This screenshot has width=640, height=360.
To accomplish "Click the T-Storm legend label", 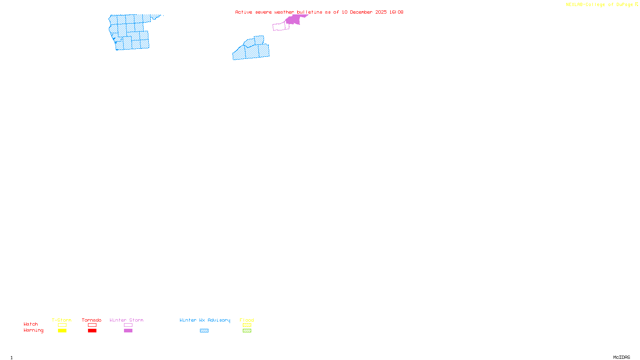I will point(62,320).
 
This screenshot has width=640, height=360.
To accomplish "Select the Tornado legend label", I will point(92,320).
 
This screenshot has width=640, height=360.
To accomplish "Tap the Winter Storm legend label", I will point(126,320).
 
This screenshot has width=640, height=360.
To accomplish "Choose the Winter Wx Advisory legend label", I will point(205,320).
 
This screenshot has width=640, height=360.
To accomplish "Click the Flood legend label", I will point(247,320).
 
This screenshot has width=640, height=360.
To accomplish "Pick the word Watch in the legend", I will point(31,324).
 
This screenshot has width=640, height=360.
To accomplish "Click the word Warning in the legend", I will point(34,330).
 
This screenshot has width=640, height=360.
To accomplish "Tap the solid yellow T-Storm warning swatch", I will point(62,331).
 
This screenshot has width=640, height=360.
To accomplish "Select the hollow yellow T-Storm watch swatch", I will point(62,325).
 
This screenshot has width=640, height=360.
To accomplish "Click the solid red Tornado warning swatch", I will point(92,331).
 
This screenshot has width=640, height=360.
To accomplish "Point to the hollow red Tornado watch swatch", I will point(92,325).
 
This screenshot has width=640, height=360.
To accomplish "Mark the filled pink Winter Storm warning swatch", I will point(128,331).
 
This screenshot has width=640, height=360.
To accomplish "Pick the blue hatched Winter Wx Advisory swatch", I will point(204,331).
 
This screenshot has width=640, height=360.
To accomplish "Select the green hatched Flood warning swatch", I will point(247,331).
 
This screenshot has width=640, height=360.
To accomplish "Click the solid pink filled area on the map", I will point(294,20).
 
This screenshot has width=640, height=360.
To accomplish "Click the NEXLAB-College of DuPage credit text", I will point(600,4).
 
